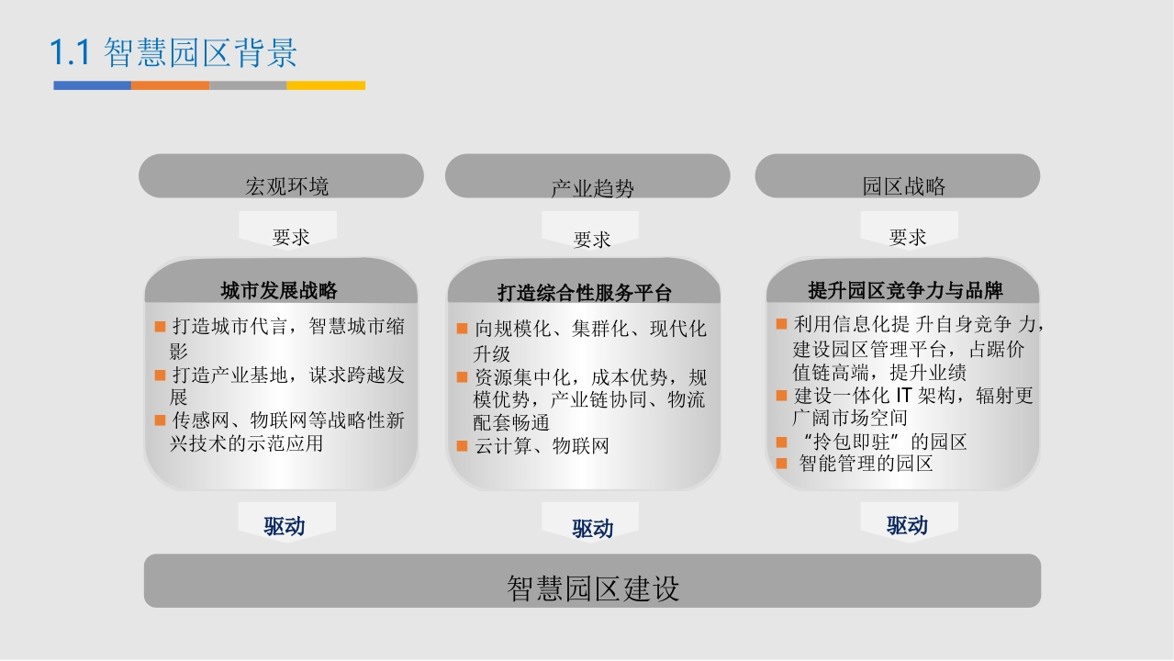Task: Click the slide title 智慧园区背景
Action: pos(200,52)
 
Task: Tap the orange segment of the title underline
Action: pos(171,85)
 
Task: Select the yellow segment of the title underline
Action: pos(326,85)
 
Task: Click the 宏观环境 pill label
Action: pos(287,186)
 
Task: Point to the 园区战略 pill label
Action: pos(904,186)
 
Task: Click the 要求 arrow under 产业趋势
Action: pos(590,230)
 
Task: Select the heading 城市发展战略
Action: pos(279,290)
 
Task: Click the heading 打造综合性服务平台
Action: pos(585,293)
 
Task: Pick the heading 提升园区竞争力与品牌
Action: pos(905,290)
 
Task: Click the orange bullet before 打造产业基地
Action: pos(161,375)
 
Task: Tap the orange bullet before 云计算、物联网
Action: pos(462,446)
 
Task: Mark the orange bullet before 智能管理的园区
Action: pos(781,464)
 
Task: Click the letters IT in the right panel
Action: pos(904,396)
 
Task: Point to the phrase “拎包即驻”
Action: pos(851,442)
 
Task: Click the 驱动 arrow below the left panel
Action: pos(287,522)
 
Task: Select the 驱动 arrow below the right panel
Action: pos(910,522)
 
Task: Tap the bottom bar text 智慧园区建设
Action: pos(593,588)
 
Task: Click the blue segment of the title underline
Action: pos(92,85)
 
